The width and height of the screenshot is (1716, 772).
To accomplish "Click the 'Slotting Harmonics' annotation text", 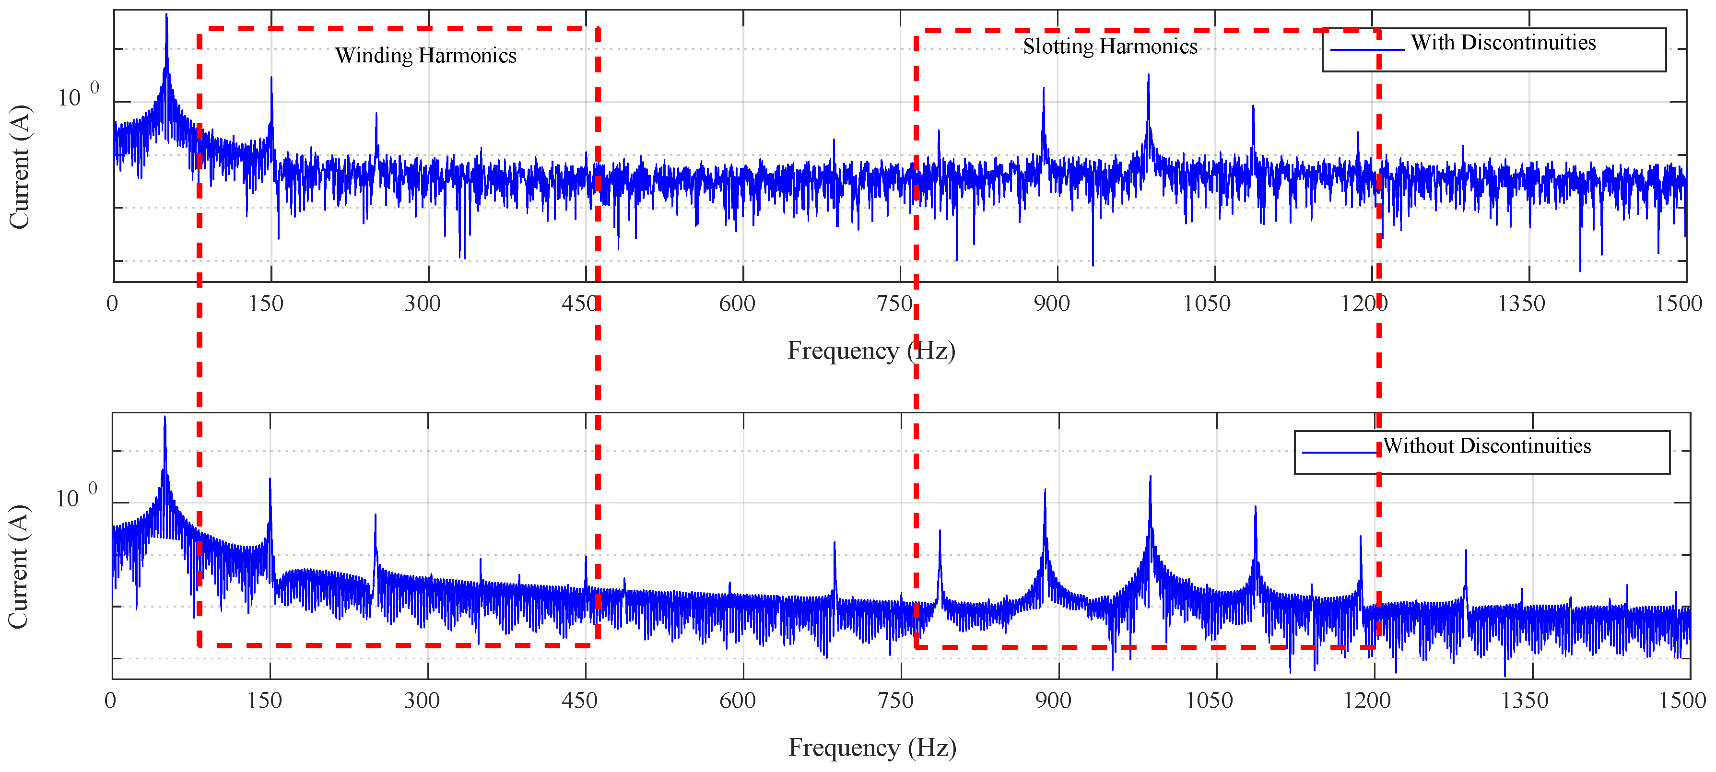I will click(1110, 47).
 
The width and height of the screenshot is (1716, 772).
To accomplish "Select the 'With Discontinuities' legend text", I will click(1503, 43).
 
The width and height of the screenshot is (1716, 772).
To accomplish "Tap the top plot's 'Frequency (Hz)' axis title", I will click(871, 351).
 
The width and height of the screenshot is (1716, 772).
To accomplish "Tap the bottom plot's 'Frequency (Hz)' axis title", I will click(872, 748).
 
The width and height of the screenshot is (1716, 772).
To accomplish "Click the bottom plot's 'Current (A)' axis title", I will click(18, 566).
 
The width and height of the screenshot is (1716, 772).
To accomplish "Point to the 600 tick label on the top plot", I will click(737, 304).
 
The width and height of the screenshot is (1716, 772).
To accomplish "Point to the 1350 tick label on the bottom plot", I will click(1524, 701).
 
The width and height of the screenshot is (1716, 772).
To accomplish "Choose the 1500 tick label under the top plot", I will click(1679, 304).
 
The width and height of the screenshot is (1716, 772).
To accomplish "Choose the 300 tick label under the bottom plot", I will click(422, 701).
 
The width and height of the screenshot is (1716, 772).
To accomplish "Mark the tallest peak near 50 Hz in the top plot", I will click(166, 15).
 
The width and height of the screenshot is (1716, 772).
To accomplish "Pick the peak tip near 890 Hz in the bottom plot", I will click(1045, 490).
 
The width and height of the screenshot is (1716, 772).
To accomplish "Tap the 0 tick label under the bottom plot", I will click(111, 701).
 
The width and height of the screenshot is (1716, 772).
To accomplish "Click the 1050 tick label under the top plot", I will click(1206, 304).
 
